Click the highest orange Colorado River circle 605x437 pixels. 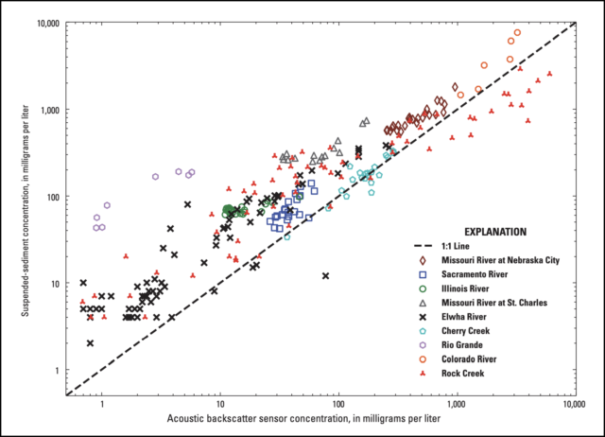click(517, 33)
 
